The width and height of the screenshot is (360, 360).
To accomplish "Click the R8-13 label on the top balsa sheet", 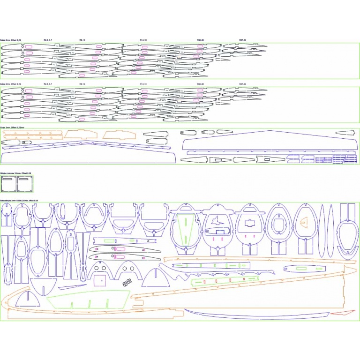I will coord(82,40).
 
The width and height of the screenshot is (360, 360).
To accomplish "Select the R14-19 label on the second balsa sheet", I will coord(143,84).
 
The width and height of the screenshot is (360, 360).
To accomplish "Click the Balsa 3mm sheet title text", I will coord(9,127).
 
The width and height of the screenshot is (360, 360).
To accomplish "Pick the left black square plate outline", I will coord(8,184).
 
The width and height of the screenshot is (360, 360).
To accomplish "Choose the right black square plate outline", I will coord(24,184).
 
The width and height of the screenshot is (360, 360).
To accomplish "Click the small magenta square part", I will coord(99,280).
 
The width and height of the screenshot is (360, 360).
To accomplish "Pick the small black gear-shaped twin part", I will coord(127,283).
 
